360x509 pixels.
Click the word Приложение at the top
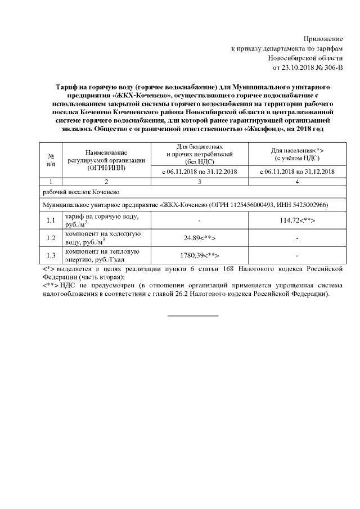coord(323,38)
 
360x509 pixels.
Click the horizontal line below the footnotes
coord(193,315)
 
